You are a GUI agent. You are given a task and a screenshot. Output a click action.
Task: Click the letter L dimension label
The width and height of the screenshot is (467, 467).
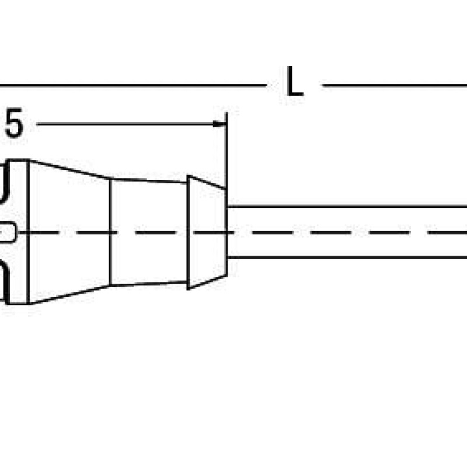(x=295, y=81)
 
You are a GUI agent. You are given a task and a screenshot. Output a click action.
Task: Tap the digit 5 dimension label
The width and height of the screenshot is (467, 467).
(x=14, y=123)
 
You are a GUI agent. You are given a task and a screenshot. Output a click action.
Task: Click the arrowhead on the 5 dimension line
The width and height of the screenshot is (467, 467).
(x=219, y=124)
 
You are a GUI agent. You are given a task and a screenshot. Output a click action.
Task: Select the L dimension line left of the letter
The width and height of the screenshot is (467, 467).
(x=133, y=85)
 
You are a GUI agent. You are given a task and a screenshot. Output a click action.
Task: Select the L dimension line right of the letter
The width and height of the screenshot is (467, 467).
(x=395, y=86)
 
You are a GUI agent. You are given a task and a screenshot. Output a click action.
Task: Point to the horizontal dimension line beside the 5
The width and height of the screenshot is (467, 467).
(x=131, y=124)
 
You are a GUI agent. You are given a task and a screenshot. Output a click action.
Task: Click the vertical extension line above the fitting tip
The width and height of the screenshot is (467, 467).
(x=226, y=151)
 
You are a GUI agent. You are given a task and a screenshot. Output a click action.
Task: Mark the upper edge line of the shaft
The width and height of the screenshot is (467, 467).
(x=347, y=206)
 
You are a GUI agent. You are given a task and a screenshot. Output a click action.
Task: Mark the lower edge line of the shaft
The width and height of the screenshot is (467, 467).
(x=347, y=257)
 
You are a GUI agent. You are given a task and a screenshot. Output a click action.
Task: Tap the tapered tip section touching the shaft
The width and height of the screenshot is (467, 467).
(x=207, y=232)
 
